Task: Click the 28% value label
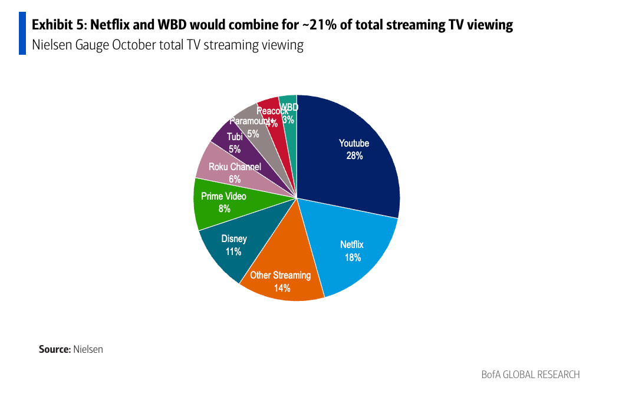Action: click(354, 156)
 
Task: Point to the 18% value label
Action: click(353, 257)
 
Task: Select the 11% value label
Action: click(233, 251)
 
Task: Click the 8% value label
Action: click(223, 208)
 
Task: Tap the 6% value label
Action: click(235, 179)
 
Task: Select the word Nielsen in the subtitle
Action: click(52, 45)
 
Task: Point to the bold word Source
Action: click(54, 349)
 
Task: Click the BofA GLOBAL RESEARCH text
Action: click(530, 375)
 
